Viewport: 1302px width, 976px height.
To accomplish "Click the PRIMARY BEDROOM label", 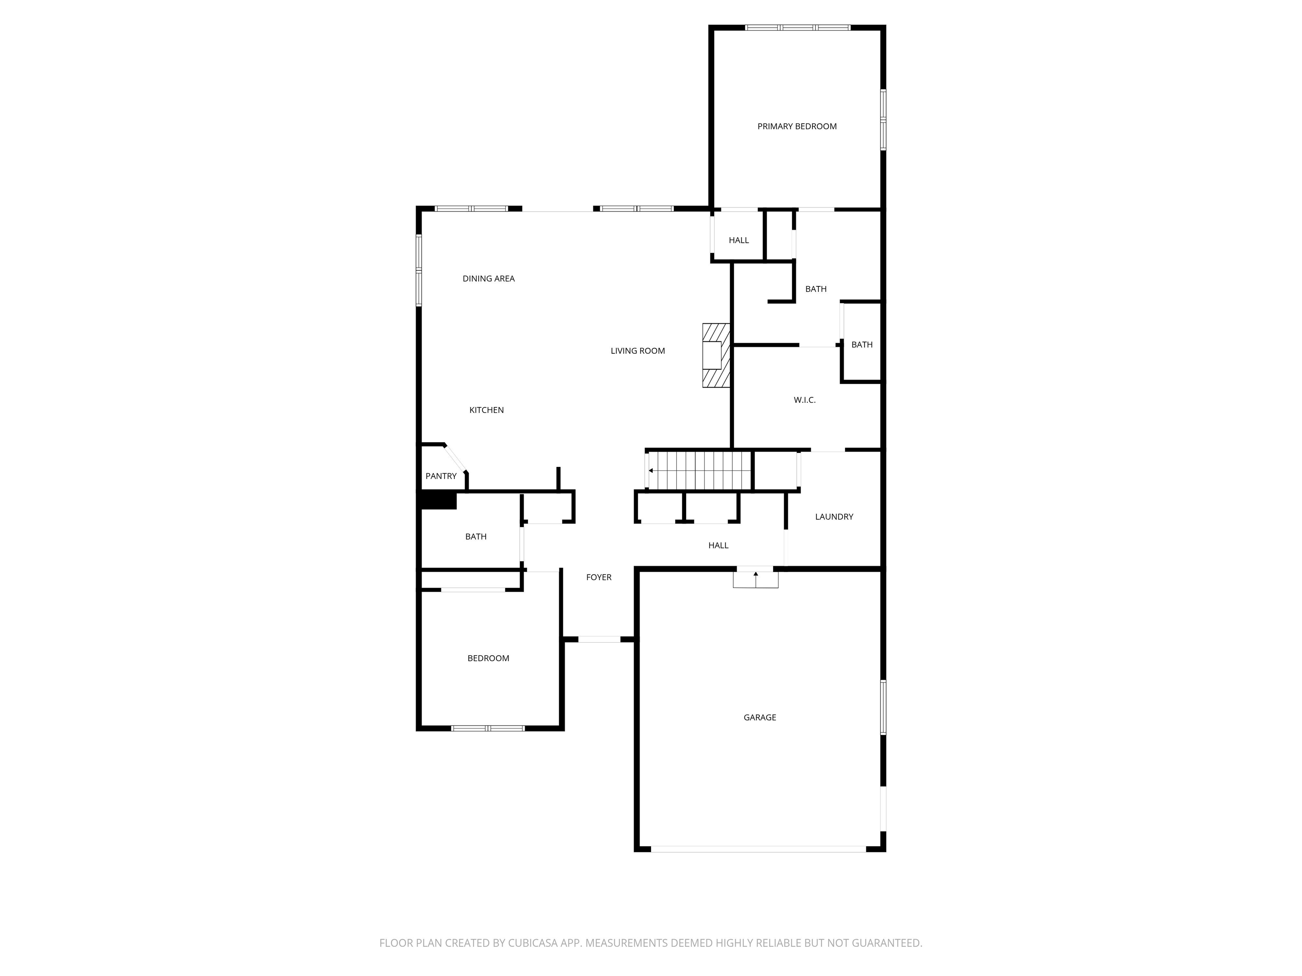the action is pyautogui.click(x=796, y=127).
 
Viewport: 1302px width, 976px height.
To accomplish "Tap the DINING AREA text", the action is pyautogui.click(x=489, y=279).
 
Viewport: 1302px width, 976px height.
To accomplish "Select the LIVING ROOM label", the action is pyautogui.click(x=637, y=351).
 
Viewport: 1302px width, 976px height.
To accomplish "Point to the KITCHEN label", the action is pyautogui.click(x=486, y=410).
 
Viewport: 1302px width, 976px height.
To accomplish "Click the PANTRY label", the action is pyautogui.click(x=441, y=476).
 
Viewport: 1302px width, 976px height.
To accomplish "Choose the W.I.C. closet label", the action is pyautogui.click(x=804, y=400).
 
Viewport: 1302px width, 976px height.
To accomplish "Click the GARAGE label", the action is pyautogui.click(x=759, y=717).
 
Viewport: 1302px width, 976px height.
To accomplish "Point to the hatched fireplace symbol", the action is pyautogui.click(x=716, y=355).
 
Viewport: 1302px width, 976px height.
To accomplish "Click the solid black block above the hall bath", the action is pyautogui.click(x=439, y=501).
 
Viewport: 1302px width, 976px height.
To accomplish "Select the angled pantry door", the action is pyautogui.click(x=455, y=459).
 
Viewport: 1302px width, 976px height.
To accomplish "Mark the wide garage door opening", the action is pyautogui.click(x=758, y=849).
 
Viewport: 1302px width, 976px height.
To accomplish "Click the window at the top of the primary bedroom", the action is pyautogui.click(x=798, y=28).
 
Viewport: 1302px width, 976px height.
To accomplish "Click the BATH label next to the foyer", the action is pyautogui.click(x=476, y=537).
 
